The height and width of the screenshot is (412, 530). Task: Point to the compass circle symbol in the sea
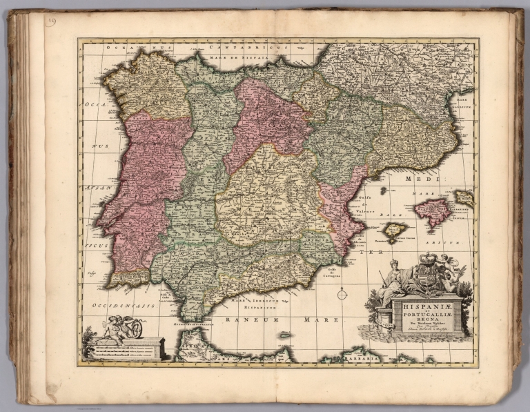(x=342, y=295)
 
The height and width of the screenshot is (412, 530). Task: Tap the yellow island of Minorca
(x=464, y=197)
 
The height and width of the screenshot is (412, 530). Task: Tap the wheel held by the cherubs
(x=135, y=330)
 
